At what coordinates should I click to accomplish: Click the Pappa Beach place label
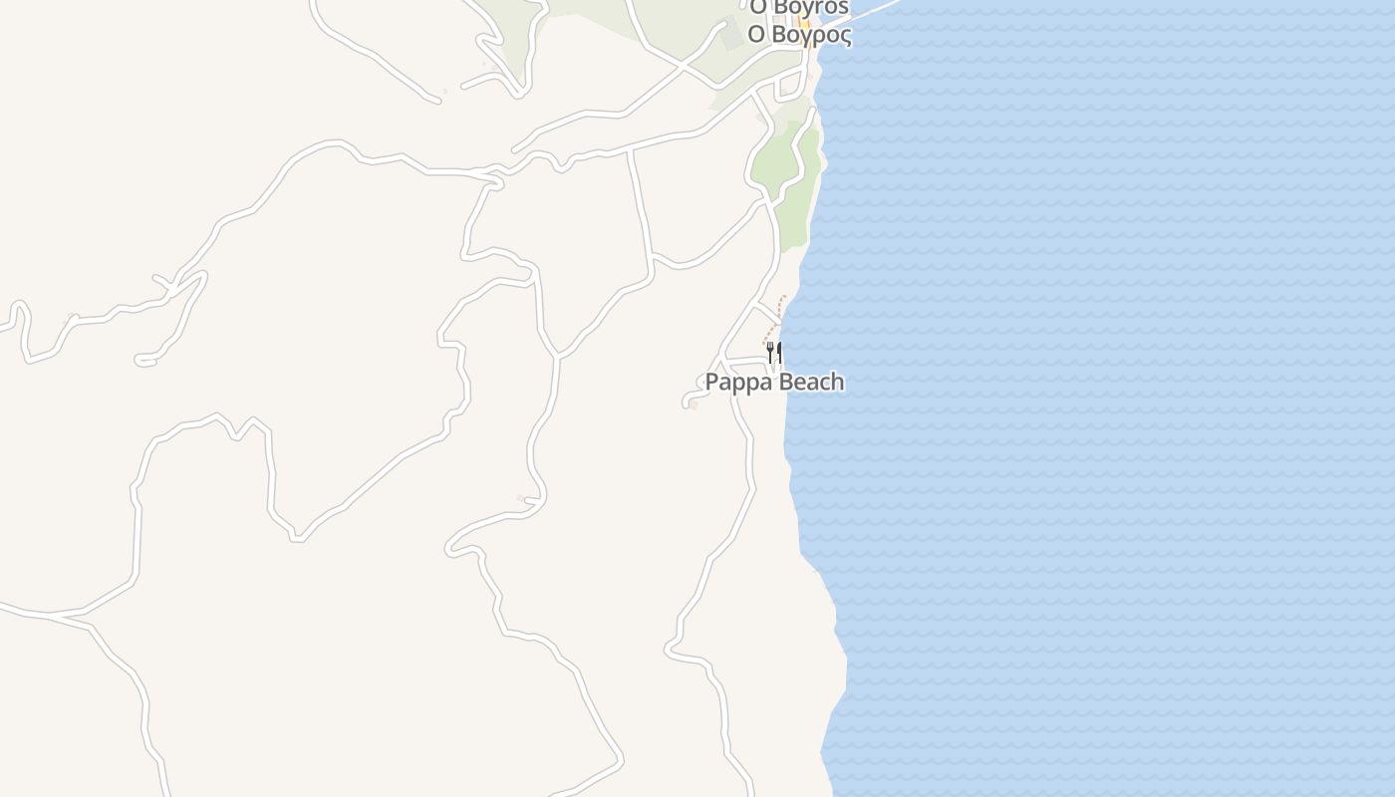point(774,382)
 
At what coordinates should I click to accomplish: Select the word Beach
point(808,382)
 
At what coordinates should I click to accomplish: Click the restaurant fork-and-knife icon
point(773,352)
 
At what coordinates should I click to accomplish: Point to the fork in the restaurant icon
point(769,352)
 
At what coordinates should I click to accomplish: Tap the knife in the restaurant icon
point(778,352)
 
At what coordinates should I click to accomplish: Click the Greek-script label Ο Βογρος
point(799,35)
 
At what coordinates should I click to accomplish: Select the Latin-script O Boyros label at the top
point(799,8)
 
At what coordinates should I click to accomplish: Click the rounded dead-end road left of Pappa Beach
point(688,400)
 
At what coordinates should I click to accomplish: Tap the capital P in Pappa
point(711,382)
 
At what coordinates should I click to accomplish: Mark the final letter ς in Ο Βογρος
point(845,37)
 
